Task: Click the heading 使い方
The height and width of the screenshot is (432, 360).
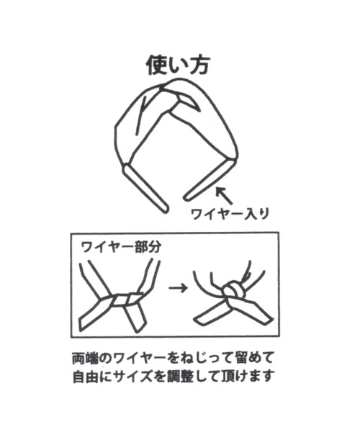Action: tap(178, 66)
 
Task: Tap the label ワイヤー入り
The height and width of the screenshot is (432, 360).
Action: tap(230, 214)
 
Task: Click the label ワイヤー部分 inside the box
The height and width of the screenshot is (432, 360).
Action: tap(121, 247)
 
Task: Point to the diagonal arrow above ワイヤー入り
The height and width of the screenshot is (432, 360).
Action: tap(224, 196)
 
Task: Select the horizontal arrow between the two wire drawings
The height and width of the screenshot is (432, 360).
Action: tap(178, 288)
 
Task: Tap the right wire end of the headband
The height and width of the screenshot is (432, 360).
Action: tap(209, 180)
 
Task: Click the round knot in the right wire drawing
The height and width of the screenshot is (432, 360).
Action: tap(233, 291)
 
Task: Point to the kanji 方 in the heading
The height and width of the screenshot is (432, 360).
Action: tap(199, 66)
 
